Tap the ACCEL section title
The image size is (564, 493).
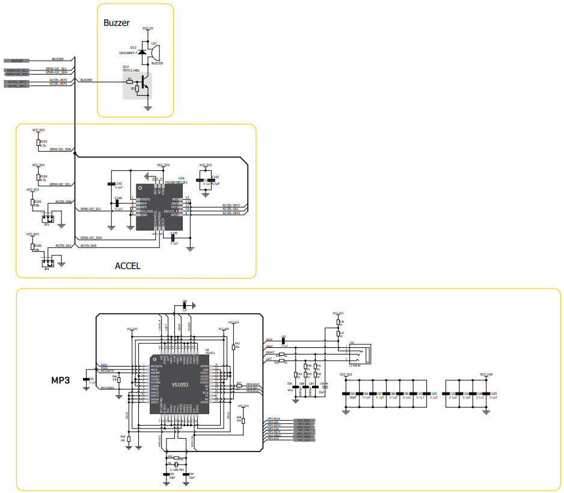click(127, 265)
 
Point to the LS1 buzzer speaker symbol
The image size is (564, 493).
click(155, 54)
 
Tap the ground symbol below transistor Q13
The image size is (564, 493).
click(148, 108)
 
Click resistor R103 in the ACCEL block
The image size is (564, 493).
click(38, 143)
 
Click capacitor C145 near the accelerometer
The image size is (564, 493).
click(174, 238)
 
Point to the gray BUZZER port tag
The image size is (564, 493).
click(17, 61)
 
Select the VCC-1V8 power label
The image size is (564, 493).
click(486, 374)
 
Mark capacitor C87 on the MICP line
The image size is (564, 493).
click(283, 341)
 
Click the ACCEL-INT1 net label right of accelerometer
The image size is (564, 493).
click(231, 205)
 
